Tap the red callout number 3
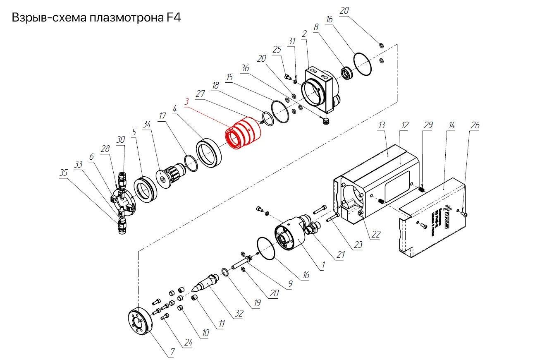[187, 101]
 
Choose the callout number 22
[375, 235]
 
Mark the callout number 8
[316, 28]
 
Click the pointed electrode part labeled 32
[204, 283]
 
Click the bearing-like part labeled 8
[346, 74]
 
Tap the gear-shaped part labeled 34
[169, 174]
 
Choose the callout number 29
[428, 125]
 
